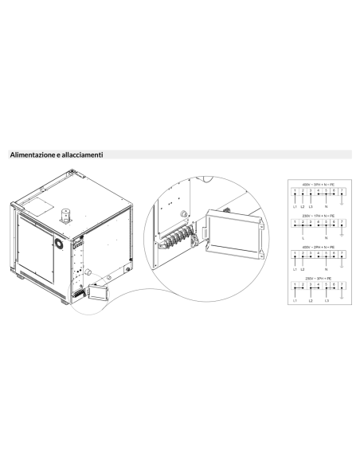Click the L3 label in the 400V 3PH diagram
click(x=311, y=207)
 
